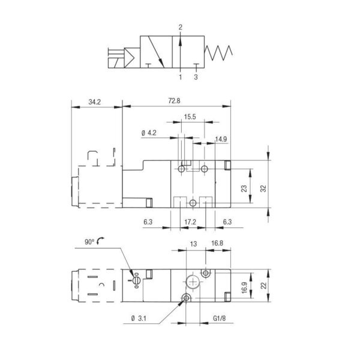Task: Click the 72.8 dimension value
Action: pyautogui.click(x=174, y=101)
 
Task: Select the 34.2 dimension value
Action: pyautogui.click(x=95, y=102)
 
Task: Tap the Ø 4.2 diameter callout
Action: pyautogui.click(x=149, y=133)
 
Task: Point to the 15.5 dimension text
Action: pyautogui.click(x=190, y=117)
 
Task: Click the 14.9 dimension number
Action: pyautogui.click(x=221, y=139)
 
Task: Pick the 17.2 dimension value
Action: pyautogui.click(x=190, y=222)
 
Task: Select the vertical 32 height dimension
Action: pyautogui.click(x=263, y=188)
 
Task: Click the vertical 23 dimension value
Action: pyautogui.click(x=244, y=188)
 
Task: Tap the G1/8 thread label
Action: pyautogui.click(x=219, y=318)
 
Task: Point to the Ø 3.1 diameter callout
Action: pyautogui.click(x=139, y=319)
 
